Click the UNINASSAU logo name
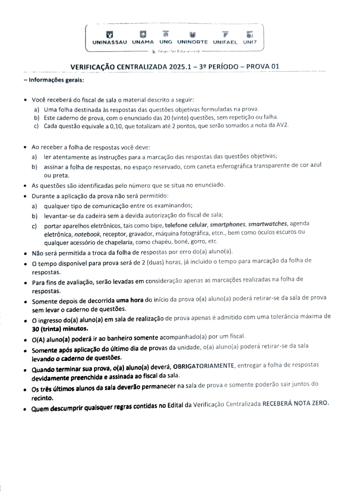tap(110, 42)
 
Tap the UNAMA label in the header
tap(143, 42)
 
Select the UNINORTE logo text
tap(192, 42)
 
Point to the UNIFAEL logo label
tap(225, 42)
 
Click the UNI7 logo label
tap(250, 42)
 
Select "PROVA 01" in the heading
tap(263, 66)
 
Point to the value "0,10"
tap(117, 126)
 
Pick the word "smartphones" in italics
tap(227, 224)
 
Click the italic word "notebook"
tap(87, 234)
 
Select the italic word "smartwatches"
tap(267, 224)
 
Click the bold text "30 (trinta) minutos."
tap(60, 329)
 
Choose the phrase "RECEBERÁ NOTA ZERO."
tap(296, 403)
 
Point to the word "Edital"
tap(175, 405)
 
